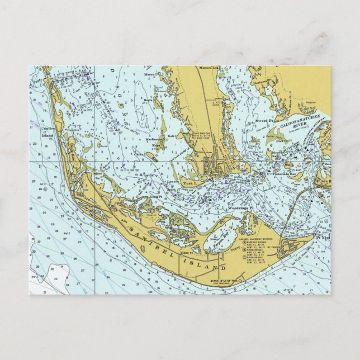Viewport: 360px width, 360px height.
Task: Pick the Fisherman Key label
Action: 289,174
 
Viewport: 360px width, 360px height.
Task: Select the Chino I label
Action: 139,154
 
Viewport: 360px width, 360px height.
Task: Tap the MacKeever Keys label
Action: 157,141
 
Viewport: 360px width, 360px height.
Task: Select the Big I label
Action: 289,165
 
